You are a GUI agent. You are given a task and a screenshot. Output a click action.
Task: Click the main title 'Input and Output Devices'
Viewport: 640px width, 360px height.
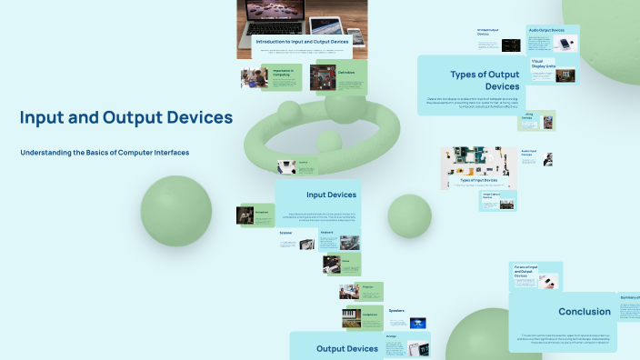[126, 117]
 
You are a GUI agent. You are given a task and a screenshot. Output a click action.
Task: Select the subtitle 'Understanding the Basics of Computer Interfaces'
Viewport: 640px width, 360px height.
[105, 153]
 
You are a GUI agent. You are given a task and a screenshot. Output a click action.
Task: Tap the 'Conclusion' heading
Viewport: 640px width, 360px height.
[584, 311]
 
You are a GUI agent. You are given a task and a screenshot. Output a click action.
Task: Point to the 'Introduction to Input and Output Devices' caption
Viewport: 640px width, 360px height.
[300, 42]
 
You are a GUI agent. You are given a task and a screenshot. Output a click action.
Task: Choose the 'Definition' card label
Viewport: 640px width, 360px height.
[346, 72]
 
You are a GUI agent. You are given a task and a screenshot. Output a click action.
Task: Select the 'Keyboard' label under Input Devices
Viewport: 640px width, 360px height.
[327, 233]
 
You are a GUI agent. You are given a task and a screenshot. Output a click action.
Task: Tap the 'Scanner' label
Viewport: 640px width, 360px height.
[286, 233]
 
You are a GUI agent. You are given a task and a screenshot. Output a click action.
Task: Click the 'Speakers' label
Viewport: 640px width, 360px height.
[396, 311]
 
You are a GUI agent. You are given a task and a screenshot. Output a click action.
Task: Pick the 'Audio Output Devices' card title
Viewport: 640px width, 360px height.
[549, 31]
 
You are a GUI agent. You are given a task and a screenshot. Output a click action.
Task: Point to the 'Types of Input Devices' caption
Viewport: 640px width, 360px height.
[478, 180]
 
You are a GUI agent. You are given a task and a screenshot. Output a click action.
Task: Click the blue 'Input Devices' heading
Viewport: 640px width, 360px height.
[331, 195]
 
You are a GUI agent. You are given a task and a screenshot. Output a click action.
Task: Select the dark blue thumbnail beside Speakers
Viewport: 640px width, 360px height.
[417, 323]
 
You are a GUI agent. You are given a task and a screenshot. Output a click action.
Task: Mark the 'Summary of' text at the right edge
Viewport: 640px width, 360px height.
[629, 297]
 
